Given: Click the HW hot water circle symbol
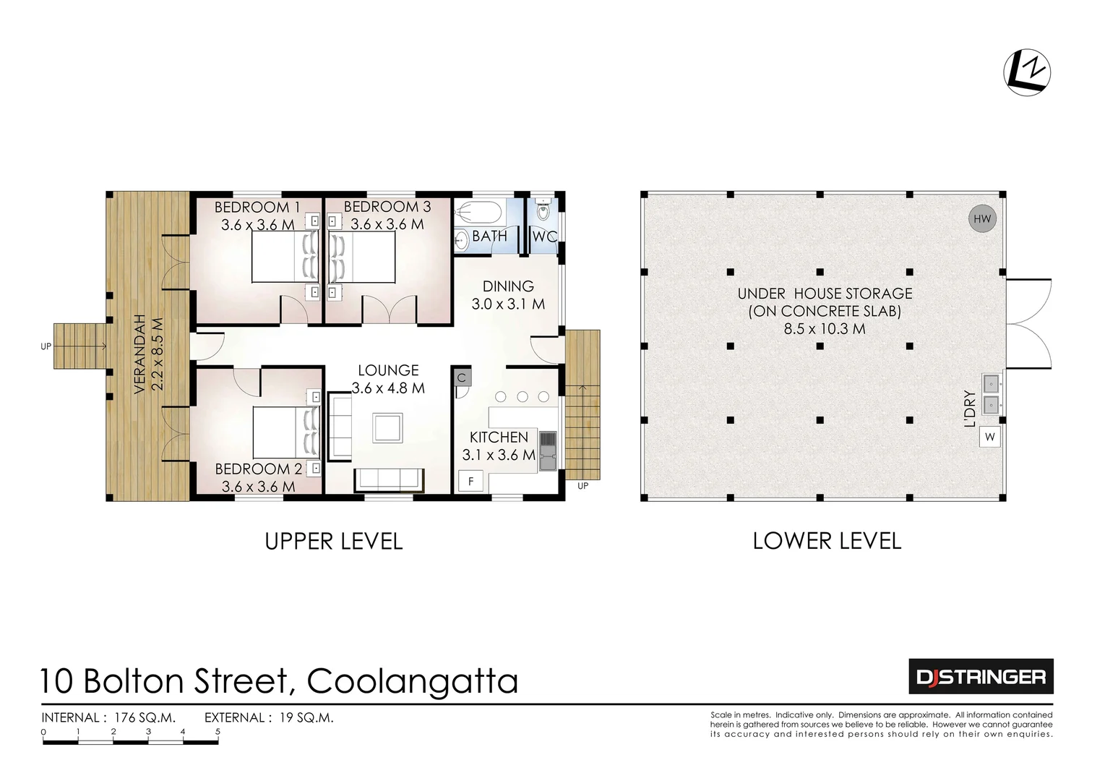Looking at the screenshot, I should click(x=981, y=219).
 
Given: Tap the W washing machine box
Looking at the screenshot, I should click(x=989, y=437).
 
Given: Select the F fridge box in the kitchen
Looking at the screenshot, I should click(x=470, y=481).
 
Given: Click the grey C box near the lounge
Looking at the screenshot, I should click(x=462, y=377).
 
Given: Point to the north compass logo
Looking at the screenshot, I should click(x=1027, y=72).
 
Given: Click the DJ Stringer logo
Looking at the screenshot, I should click(x=980, y=677).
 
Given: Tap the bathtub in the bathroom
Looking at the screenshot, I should click(x=479, y=213).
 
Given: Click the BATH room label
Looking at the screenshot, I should click(x=489, y=236).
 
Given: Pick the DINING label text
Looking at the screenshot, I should click(x=508, y=286).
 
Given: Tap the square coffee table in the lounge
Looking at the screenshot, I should click(x=387, y=427).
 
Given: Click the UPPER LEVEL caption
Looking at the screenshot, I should click(x=333, y=541).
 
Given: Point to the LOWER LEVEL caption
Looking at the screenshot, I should click(x=827, y=541).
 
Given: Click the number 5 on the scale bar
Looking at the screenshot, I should click(x=218, y=732).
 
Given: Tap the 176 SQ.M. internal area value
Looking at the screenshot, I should click(x=142, y=717).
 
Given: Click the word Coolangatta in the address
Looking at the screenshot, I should click(x=413, y=681).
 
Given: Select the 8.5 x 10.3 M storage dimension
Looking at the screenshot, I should click(x=824, y=328).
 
